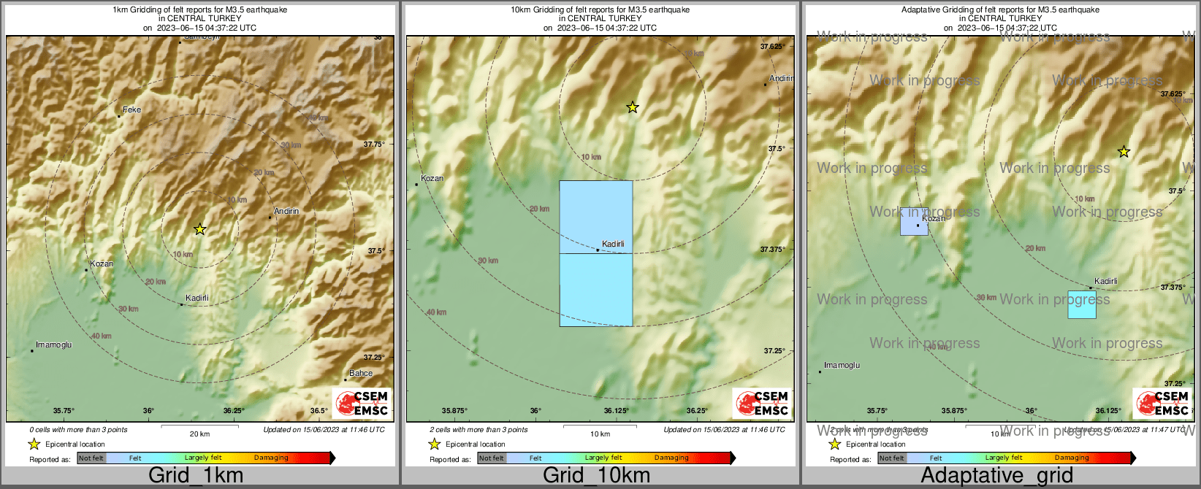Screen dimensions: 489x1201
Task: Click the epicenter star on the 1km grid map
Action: (199, 229)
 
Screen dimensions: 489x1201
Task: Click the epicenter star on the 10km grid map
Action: (633, 108)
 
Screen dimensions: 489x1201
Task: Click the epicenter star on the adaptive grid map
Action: (1124, 152)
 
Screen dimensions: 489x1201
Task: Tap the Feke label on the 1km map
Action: (131, 110)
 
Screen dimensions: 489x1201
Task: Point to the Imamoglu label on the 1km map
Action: (53, 344)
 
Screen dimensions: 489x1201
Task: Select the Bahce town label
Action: (361, 373)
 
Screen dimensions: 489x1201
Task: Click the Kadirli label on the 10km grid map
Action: (613, 244)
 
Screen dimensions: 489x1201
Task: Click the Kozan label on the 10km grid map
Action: (432, 178)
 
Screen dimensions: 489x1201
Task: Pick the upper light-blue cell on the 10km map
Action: (596, 216)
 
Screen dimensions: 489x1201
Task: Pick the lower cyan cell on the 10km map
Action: (596, 290)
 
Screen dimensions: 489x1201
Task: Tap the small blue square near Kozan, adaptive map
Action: (914, 222)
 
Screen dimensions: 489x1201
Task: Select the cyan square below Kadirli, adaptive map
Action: (1082, 304)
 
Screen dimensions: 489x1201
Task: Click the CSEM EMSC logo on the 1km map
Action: (362, 404)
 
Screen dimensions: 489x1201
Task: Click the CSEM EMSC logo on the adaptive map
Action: (1162, 404)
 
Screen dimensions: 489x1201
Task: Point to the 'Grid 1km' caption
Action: (196, 475)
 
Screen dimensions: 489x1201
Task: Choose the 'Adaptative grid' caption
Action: (996, 475)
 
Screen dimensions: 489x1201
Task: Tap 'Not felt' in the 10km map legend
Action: (492, 458)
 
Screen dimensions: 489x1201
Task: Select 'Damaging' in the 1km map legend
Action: (271, 458)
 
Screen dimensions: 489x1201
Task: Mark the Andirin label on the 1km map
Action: (286, 212)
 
